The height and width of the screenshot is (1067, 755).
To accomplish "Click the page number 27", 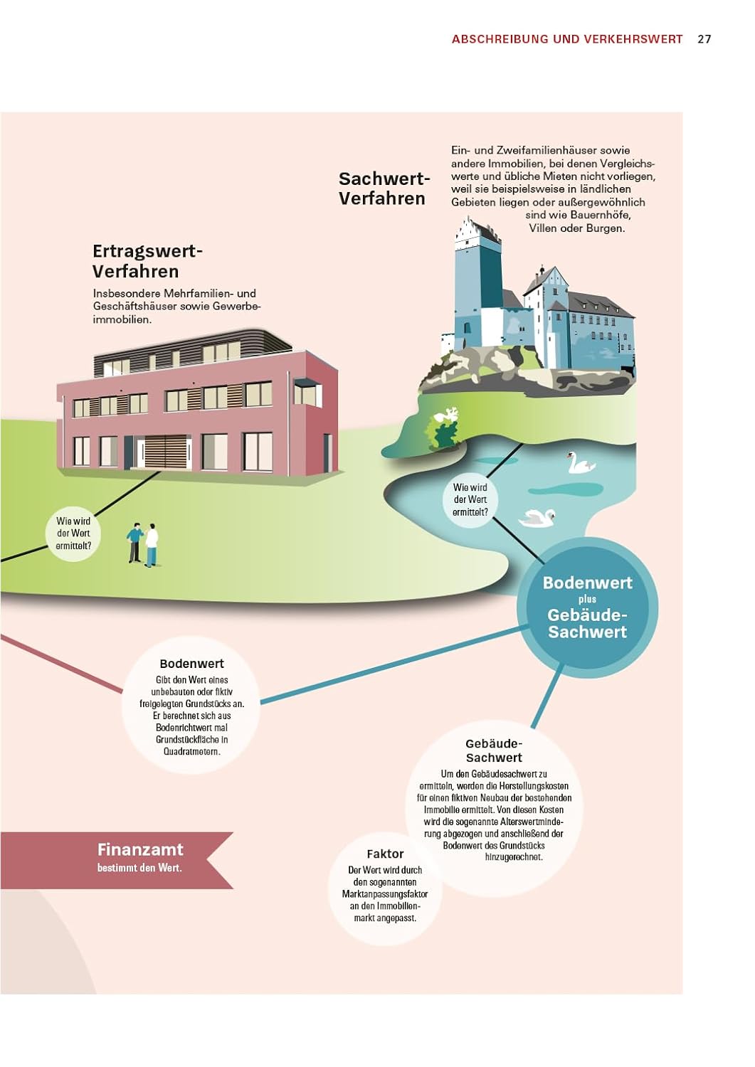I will point(704,39).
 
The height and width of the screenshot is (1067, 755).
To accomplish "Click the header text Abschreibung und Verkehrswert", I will point(567,39).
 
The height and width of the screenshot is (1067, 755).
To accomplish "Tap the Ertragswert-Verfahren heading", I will point(147,261).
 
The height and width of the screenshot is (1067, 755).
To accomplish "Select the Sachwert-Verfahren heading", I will point(384,189).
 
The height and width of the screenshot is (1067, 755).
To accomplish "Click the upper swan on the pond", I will point(581,465).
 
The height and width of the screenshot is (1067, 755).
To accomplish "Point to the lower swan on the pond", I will point(538,518).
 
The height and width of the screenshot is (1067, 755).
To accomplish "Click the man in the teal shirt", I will point(134,542).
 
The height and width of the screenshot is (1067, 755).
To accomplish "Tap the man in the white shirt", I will point(151,545).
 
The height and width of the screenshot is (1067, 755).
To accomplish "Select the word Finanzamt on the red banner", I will point(140,849).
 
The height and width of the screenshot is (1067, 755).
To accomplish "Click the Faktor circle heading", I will point(385,854).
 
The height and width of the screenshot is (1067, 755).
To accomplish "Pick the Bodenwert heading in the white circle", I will point(191,664).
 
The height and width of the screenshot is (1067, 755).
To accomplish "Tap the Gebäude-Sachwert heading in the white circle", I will point(494,750).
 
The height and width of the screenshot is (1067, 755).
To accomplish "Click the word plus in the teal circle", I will point(587,599).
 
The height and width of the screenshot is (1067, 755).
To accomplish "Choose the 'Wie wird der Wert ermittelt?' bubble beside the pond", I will point(470,499).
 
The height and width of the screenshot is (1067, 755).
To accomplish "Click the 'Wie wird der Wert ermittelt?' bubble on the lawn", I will point(73,533).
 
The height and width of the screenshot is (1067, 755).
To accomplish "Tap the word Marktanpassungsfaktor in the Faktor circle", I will point(385,894).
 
